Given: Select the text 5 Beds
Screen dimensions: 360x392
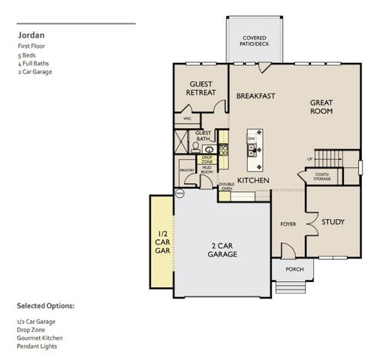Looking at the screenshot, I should pyautogui.click(x=26, y=55).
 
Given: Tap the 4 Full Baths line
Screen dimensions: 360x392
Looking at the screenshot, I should pyautogui.click(x=32, y=63).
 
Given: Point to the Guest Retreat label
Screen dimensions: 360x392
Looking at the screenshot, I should pyautogui.click(x=201, y=88).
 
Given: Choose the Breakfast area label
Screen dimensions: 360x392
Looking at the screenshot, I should pyautogui.click(x=255, y=97).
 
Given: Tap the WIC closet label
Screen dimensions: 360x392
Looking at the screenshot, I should pyautogui.click(x=186, y=118).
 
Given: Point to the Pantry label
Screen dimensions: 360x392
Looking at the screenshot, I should pyautogui.click(x=187, y=170).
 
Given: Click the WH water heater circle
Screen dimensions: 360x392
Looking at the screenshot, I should pyautogui.click(x=179, y=193).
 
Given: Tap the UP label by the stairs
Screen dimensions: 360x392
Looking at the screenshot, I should pyautogui.click(x=310, y=160).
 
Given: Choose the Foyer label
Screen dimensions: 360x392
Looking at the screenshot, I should pyautogui.click(x=288, y=223).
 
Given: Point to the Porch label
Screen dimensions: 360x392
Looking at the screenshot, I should pyautogui.click(x=293, y=269).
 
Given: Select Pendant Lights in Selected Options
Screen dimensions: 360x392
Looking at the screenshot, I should pyautogui.click(x=38, y=346).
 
